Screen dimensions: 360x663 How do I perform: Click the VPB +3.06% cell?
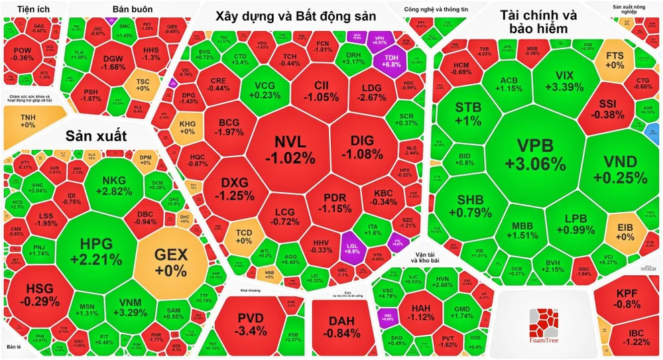click(532, 154)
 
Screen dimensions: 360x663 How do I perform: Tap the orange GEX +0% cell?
click(171, 261)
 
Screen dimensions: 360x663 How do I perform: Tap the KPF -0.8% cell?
click(627, 300)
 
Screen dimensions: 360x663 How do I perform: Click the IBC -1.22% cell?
click(628, 337)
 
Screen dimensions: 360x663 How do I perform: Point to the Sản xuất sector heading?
click(95, 137)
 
